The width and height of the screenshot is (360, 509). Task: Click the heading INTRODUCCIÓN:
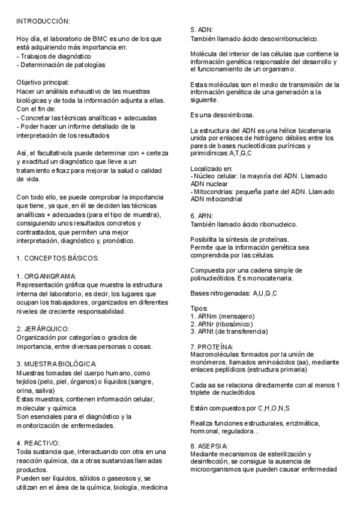(x=43, y=21)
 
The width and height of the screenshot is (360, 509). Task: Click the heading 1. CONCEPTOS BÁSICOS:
(x=58, y=258)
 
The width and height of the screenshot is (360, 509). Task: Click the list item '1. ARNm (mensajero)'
(x=223, y=316)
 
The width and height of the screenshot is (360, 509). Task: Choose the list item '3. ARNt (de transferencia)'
(x=229, y=331)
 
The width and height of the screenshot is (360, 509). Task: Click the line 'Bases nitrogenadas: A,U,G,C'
(x=233, y=293)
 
